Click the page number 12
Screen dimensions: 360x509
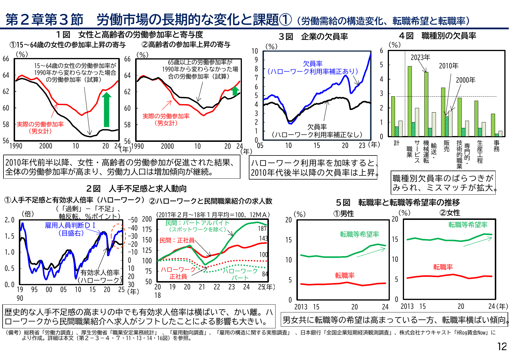[502, 347]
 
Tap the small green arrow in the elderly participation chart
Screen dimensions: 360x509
[235, 91]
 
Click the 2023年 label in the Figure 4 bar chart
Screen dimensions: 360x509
[420, 57]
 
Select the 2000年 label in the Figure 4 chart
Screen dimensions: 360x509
[465, 80]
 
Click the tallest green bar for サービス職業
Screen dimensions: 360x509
[410, 101]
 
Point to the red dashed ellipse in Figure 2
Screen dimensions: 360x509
[118, 236]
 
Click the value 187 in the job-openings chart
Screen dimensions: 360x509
[262, 229]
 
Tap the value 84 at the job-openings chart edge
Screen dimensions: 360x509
[265, 274]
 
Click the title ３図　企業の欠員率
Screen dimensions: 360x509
[313, 37]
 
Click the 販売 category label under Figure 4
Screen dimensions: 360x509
[447, 146]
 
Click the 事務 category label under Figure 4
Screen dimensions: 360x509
[497, 146]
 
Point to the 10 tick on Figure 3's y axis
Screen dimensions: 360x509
[254, 51]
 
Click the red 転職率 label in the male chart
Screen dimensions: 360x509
[345, 275]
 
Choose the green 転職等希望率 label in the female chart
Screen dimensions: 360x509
[468, 225]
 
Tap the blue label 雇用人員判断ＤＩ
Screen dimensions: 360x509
[70, 225]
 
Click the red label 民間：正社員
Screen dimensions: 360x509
[177, 240]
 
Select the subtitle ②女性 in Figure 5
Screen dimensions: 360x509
[450, 213]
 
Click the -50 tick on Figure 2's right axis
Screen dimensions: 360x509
[133, 220]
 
